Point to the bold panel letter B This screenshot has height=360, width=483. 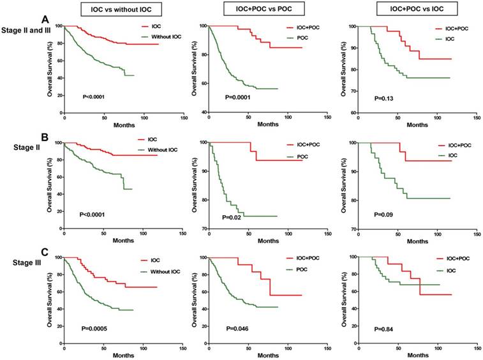46,137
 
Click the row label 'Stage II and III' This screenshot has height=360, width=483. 24,29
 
